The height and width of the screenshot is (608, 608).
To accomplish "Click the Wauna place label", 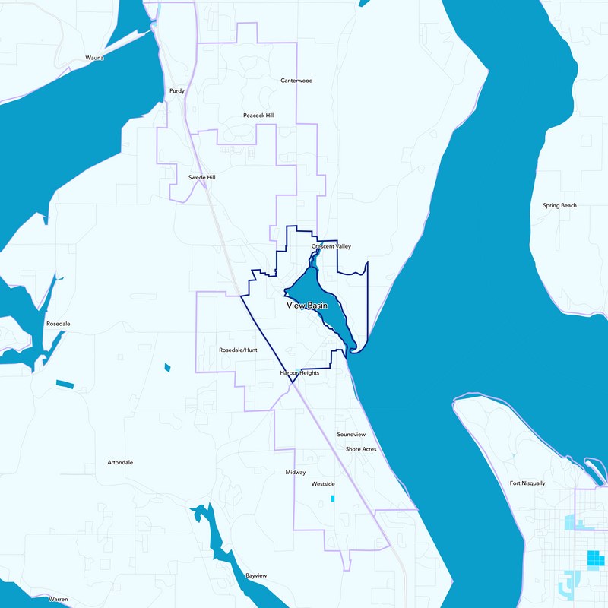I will click(x=94, y=57).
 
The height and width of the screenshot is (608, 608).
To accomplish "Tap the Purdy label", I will click(x=177, y=90).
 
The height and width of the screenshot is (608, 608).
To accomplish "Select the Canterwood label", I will click(x=296, y=80).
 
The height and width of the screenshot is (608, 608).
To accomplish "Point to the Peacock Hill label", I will click(x=258, y=115).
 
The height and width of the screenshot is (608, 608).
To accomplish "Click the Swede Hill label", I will click(x=202, y=177).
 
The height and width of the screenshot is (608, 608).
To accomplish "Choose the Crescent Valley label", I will click(x=331, y=246).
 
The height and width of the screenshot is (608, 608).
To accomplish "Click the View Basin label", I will click(x=307, y=306).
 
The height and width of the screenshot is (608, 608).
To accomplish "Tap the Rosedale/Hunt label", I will click(x=238, y=350).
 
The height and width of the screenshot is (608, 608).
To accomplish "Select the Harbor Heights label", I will click(x=299, y=373).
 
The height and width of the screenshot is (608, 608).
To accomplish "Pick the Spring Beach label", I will click(x=559, y=205).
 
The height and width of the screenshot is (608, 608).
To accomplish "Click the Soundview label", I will click(x=351, y=434).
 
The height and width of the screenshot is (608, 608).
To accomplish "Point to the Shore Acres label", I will click(x=361, y=449).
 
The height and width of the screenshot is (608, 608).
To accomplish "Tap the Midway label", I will click(x=296, y=472).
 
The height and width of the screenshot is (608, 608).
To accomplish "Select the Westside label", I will click(x=323, y=483).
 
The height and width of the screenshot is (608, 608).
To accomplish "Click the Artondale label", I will click(x=120, y=462).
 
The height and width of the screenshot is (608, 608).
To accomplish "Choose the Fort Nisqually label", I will click(x=527, y=483).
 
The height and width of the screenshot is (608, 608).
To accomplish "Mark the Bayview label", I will click(x=256, y=575).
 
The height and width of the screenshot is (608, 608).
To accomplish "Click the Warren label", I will click(x=59, y=599).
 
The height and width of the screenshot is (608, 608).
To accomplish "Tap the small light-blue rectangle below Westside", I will click(x=332, y=499).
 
